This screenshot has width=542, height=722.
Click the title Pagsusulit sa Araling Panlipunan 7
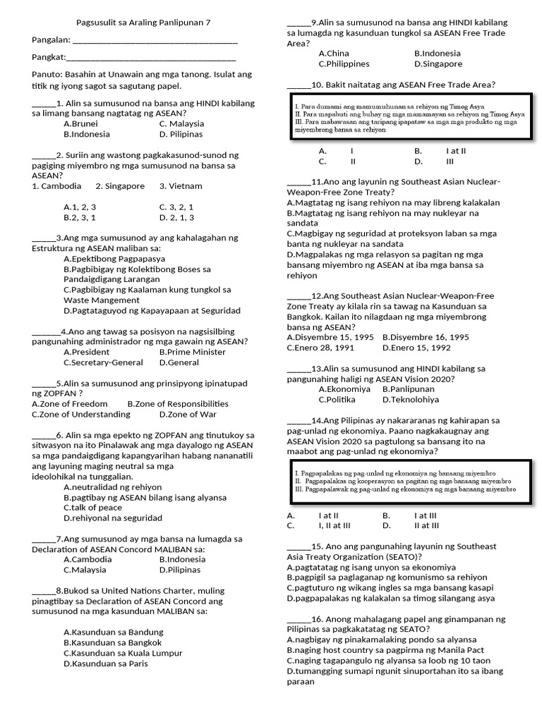pyautogui.click(x=143, y=22)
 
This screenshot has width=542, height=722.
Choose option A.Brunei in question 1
pyautogui.click(x=81, y=123)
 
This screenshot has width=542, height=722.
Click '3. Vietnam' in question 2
pyautogui.click(x=181, y=186)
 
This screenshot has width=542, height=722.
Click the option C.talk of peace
pyautogui.click(x=92, y=508)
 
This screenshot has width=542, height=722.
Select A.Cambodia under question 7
pyautogui.click(x=88, y=559)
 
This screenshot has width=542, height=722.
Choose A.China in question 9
pyautogui.click(x=334, y=53)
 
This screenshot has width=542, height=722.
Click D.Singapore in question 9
pyautogui.click(x=438, y=63)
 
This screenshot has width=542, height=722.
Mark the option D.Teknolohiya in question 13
pyautogui.click(x=411, y=399)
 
